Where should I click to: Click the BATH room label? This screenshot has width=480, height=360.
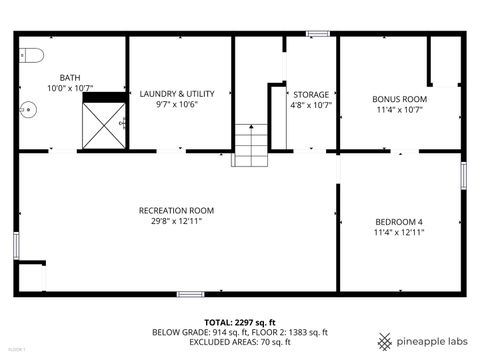point(70,77)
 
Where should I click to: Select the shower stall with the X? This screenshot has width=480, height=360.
point(102,125)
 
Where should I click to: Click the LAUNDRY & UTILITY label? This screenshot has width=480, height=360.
point(176,92)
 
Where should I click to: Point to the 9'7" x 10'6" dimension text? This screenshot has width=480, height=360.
point(176,104)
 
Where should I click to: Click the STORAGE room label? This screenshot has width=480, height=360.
point(310,94)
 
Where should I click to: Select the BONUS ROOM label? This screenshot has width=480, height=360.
point(399,99)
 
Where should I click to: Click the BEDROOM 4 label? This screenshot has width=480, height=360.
point(399,221)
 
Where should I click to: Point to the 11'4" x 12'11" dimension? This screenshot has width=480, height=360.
point(399,232)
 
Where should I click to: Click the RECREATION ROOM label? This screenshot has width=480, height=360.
point(176,210)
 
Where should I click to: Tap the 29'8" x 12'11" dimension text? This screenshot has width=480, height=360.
point(176,221)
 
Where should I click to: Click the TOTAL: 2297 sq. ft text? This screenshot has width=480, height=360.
point(239,322)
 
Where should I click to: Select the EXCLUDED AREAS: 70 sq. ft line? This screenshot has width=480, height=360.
point(239,341)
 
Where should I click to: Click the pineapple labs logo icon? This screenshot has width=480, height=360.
point(384,340)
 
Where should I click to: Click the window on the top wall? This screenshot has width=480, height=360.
point(318,34)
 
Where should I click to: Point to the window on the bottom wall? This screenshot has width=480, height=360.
point(191,294)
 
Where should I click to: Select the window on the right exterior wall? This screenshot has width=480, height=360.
point(463,175)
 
